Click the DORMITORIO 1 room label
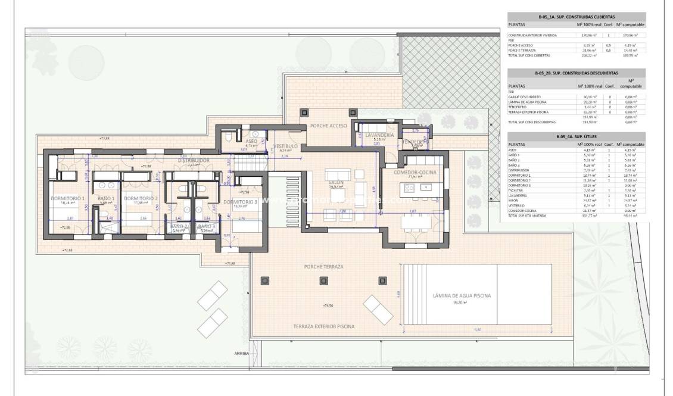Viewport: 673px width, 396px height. (67, 198)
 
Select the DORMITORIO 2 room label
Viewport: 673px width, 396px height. (141, 198)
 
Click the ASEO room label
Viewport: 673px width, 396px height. (251, 141)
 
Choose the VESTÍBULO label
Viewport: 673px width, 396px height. (286, 146)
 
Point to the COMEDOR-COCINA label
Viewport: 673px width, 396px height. (416, 172)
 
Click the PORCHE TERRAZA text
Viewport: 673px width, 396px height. (323, 266)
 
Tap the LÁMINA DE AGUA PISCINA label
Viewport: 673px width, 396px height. (462, 296)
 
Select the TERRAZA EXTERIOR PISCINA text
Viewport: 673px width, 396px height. (323, 326)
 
